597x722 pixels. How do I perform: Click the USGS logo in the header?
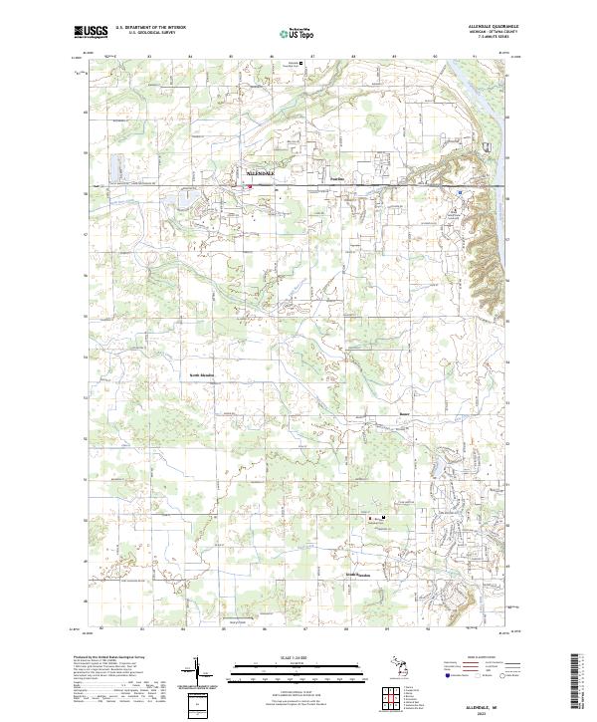click(92, 32)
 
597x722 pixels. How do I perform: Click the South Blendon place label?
click(357, 575)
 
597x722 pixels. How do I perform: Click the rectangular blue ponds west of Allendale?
click(114, 165)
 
